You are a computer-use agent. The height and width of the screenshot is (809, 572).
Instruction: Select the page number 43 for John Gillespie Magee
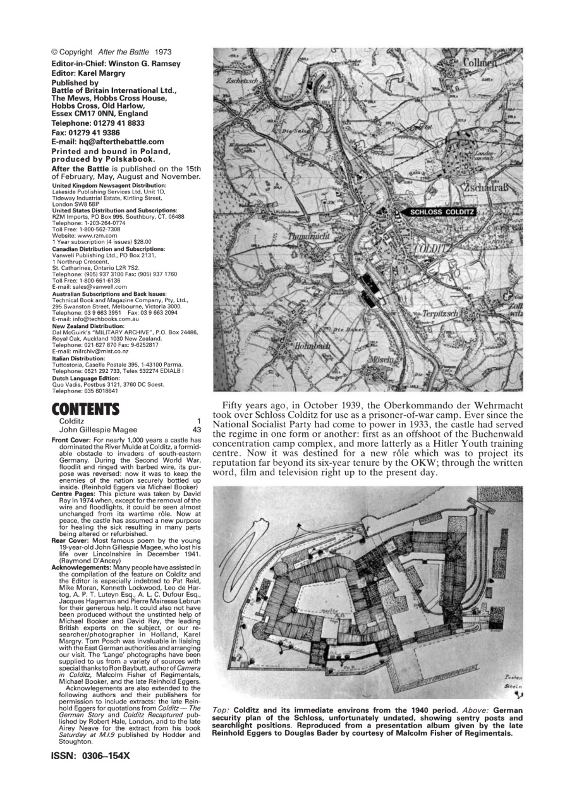click(x=196, y=430)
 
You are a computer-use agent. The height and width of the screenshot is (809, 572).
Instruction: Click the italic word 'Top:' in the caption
click(x=221, y=710)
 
